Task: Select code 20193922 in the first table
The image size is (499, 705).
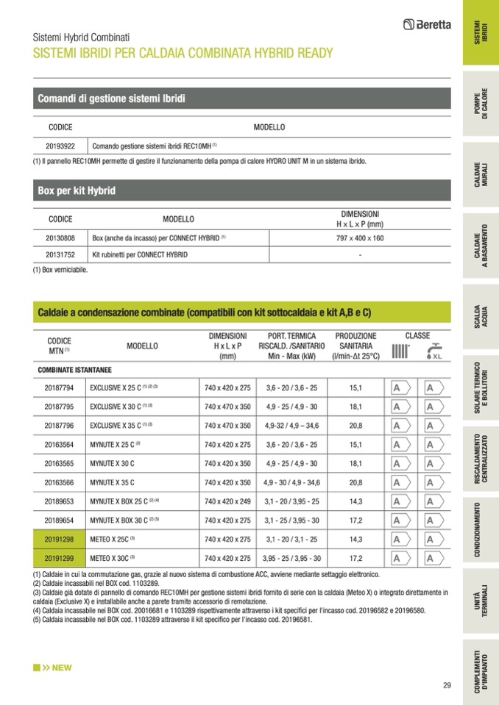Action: tap(60, 146)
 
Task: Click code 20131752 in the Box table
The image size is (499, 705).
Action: tap(60, 254)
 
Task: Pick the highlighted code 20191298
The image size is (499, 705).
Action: tap(60, 540)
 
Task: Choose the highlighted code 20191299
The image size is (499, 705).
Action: tap(60, 558)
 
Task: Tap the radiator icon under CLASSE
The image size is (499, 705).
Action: tap(400, 351)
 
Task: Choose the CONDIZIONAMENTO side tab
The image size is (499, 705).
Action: tap(480, 529)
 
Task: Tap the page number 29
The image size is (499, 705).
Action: tap(447, 685)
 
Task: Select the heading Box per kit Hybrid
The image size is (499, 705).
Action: tap(77, 191)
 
